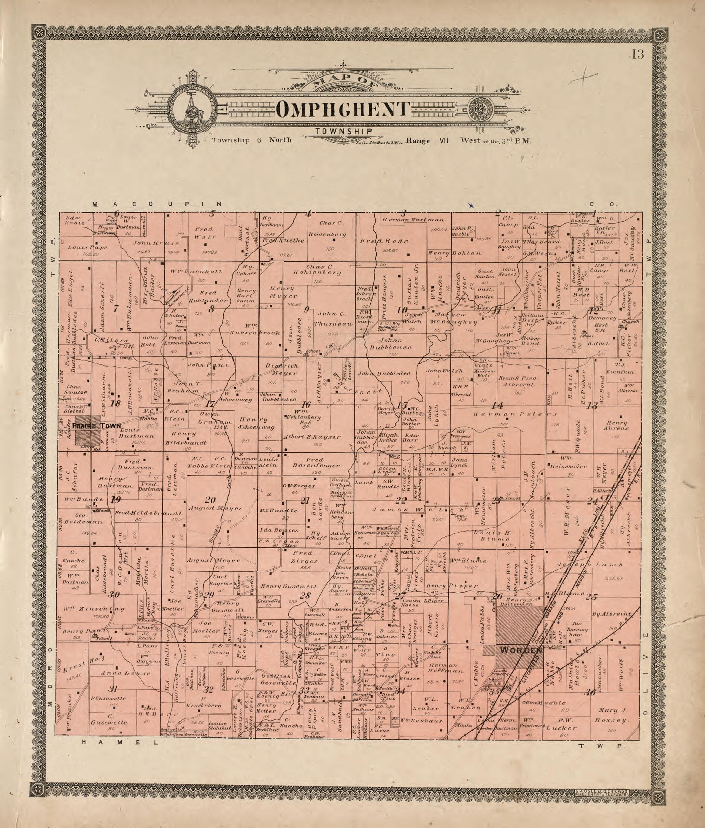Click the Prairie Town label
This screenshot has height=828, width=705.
(x=96, y=426)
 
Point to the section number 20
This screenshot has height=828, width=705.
(x=210, y=500)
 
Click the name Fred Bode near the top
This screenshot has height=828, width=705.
(x=384, y=241)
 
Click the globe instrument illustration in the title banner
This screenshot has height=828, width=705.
(x=194, y=109)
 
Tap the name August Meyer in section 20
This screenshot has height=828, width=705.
(x=217, y=509)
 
